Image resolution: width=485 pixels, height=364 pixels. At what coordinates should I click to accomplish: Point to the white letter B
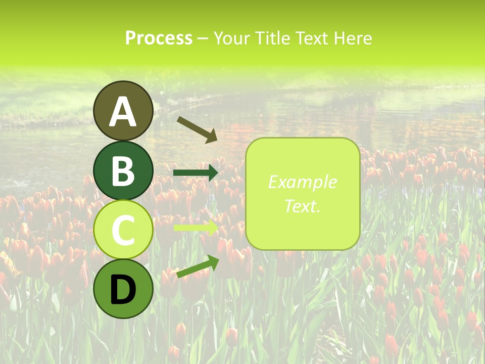123,170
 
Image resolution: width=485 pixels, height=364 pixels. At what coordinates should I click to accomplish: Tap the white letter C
123,230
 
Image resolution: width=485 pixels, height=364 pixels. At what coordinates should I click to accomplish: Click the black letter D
123,290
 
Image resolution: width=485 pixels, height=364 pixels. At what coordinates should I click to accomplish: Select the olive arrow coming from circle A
197,129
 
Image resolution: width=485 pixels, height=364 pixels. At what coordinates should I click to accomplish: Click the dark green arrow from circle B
195,173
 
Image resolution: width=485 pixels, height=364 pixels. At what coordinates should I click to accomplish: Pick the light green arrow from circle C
195,227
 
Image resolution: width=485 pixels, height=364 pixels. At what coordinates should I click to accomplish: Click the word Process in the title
159,38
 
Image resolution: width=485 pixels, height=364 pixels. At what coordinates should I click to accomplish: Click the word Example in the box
302,182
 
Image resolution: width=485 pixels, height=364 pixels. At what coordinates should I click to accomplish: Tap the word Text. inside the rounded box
302,206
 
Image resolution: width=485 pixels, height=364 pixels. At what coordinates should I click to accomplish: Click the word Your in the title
231,38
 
